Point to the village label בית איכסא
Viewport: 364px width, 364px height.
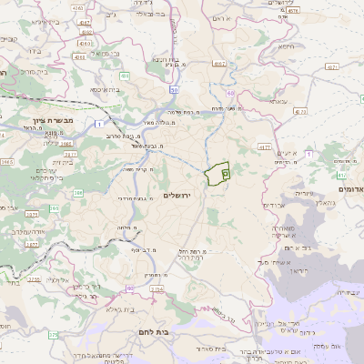pyautogui.click(x=108, y=90)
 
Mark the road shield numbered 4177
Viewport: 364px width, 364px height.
pyautogui.click(x=265, y=146)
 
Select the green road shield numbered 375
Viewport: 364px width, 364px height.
pyautogui.click(x=53, y=336)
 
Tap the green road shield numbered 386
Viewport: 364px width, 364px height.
pyautogui.click(x=78, y=193)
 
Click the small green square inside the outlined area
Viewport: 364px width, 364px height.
pyautogui.click(x=226, y=171)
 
